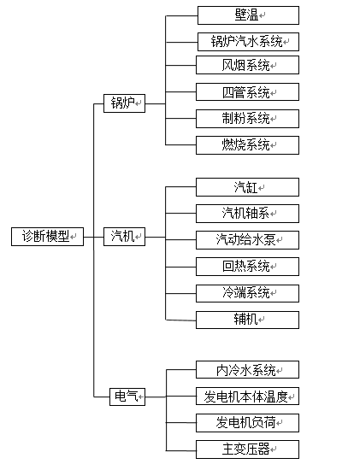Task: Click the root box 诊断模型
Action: pyautogui.click(x=47, y=237)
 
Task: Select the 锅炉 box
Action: pyautogui.click(x=124, y=103)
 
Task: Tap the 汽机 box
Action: pyautogui.click(x=124, y=237)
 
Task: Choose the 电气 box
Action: pyautogui.click(x=127, y=396)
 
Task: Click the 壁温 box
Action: pyautogui.click(x=248, y=15)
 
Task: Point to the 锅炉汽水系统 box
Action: pyautogui.click(x=248, y=41)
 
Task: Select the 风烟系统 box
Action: pyautogui.click(x=248, y=65)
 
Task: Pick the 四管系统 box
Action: pyautogui.click(x=248, y=92)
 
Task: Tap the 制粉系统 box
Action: pyautogui.click(x=248, y=118)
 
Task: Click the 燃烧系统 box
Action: pyautogui.click(x=248, y=144)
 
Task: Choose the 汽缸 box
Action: pyautogui.click(x=248, y=187)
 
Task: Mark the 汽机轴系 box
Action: pyautogui.click(x=248, y=213)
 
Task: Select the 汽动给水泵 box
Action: pyautogui.click(x=248, y=239)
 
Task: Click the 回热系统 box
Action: pyautogui.click(x=248, y=266)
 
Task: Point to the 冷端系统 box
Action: pyautogui.click(x=248, y=292)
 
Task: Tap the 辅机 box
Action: pyautogui.click(x=248, y=319)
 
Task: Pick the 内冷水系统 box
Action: pyautogui.click(x=248, y=370)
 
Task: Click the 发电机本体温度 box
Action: pyautogui.click(x=248, y=396)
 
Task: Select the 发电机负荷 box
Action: pyautogui.click(x=248, y=423)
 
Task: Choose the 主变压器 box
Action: pyautogui.click(x=248, y=449)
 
